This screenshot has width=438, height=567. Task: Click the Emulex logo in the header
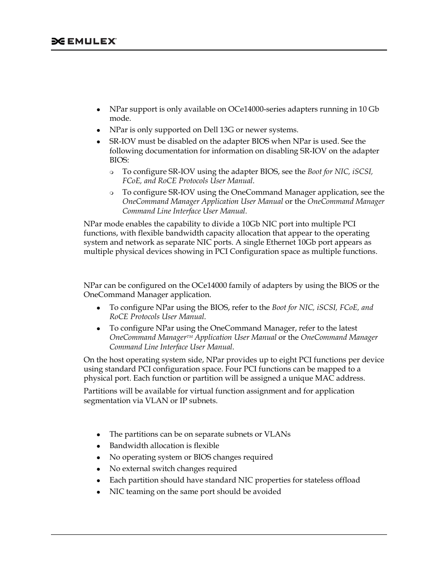point(84,41)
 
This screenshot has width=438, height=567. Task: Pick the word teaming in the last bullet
point(138,492)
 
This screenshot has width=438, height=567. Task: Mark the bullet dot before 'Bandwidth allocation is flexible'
point(98,446)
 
